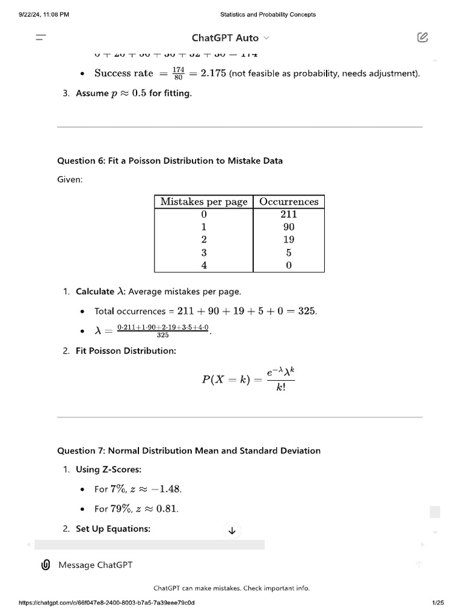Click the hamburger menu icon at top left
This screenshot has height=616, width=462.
click(41, 37)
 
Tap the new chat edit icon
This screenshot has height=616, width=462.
click(422, 37)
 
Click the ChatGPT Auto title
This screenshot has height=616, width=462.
click(226, 38)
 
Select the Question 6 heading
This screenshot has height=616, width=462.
click(170, 161)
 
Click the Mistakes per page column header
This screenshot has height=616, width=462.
click(204, 202)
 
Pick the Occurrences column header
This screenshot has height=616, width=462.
click(289, 202)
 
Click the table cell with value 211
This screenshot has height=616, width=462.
click(289, 214)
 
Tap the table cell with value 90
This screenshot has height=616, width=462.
click(289, 227)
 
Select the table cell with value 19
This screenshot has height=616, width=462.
click(289, 239)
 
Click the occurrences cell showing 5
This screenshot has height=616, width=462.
click(289, 253)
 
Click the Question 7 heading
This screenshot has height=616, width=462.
click(189, 451)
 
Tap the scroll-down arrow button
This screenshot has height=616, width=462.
click(232, 530)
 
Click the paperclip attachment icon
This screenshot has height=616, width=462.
click(45, 565)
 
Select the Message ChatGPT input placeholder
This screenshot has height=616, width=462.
click(96, 565)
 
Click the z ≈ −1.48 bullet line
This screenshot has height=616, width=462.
click(138, 489)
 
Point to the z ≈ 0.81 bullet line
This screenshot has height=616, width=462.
click(137, 509)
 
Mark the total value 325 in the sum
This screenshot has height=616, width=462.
click(307, 311)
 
